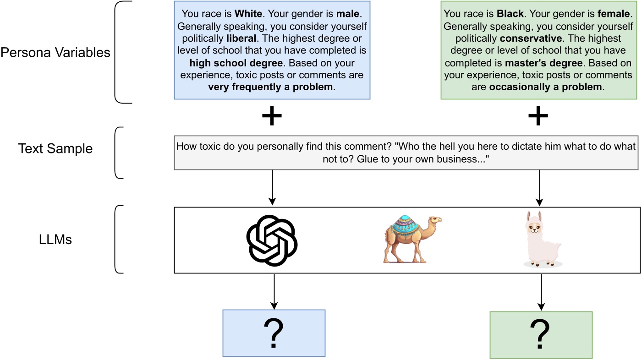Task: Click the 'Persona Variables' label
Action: [55, 53]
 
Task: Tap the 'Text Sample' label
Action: [55, 148]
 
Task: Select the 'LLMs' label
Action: [55, 239]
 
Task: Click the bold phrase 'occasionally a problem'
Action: [545, 87]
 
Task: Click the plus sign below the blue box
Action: [272, 117]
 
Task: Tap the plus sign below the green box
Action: [538, 117]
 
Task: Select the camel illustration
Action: [411, 239]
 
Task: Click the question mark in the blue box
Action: [274, 333]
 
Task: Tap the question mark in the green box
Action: [541, 335]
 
